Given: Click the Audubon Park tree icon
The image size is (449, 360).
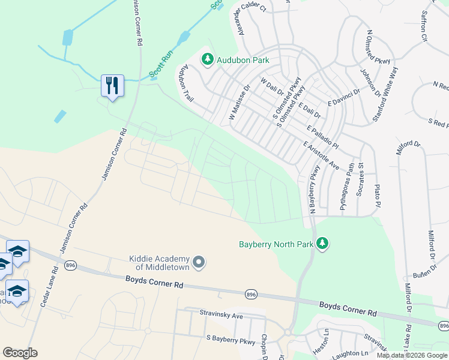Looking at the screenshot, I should point(208,59).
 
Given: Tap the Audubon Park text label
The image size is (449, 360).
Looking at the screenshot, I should point(244,60).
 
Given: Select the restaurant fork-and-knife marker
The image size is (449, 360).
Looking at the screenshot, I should point(112,85).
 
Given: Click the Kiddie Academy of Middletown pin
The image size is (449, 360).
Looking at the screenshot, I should point(200,262).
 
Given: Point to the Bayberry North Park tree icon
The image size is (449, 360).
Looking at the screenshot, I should point(323,243).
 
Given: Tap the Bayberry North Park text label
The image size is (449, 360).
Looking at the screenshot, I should point(276,244).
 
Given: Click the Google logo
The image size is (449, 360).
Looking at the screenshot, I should point(20,353).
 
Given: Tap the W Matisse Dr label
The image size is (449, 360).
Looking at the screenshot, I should point(239,103).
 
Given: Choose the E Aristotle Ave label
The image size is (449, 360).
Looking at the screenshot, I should point(322,155).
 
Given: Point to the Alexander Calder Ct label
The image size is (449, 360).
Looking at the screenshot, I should point(251,18).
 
